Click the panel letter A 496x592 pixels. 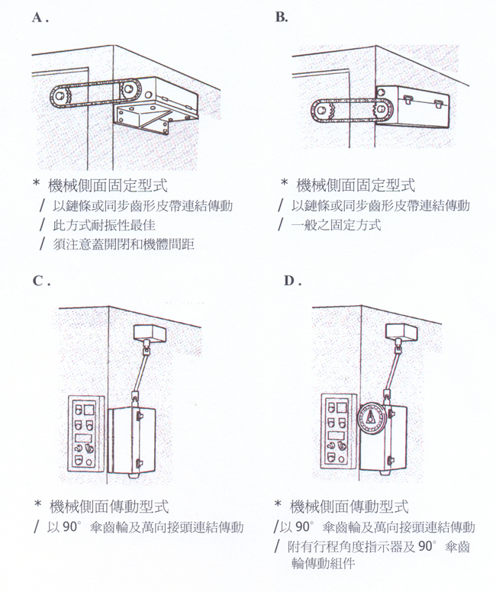point(37,18)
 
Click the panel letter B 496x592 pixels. point(280,17)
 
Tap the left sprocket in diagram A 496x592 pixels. point(60,96)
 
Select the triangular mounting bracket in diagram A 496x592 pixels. point(143,119)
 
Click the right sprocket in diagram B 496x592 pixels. point(382,111)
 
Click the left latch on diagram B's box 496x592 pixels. point(409,100)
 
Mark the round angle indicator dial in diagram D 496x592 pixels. point(372,418)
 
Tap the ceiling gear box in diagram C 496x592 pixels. point(150,333)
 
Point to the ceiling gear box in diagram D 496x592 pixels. point(401,333)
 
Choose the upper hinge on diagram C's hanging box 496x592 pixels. point(139,415)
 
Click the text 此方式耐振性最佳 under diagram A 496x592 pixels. point(104,225)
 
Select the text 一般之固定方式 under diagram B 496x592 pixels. point(336,225)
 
